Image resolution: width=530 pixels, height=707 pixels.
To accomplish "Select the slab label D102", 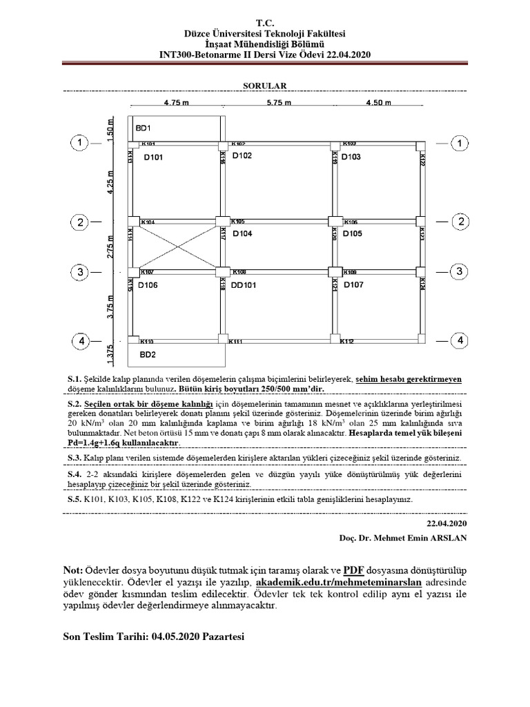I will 242,156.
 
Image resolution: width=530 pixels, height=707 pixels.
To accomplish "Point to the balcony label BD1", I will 143,128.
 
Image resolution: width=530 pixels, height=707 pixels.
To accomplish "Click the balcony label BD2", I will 148,354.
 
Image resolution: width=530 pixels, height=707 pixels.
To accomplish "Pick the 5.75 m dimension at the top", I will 278,103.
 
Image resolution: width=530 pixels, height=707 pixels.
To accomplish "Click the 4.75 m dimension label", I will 177,103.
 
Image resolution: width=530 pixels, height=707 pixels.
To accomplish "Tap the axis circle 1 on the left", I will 81,144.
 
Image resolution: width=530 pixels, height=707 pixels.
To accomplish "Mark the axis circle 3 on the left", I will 81,272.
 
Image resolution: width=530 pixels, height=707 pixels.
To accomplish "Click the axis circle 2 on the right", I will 459,222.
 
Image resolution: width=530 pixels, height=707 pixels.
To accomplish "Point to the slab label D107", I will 353,284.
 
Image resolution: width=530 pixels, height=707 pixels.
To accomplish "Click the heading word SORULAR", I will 264,86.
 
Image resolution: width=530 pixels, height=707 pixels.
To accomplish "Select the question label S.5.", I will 75,499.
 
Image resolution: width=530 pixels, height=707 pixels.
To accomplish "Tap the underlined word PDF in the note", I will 354,570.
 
